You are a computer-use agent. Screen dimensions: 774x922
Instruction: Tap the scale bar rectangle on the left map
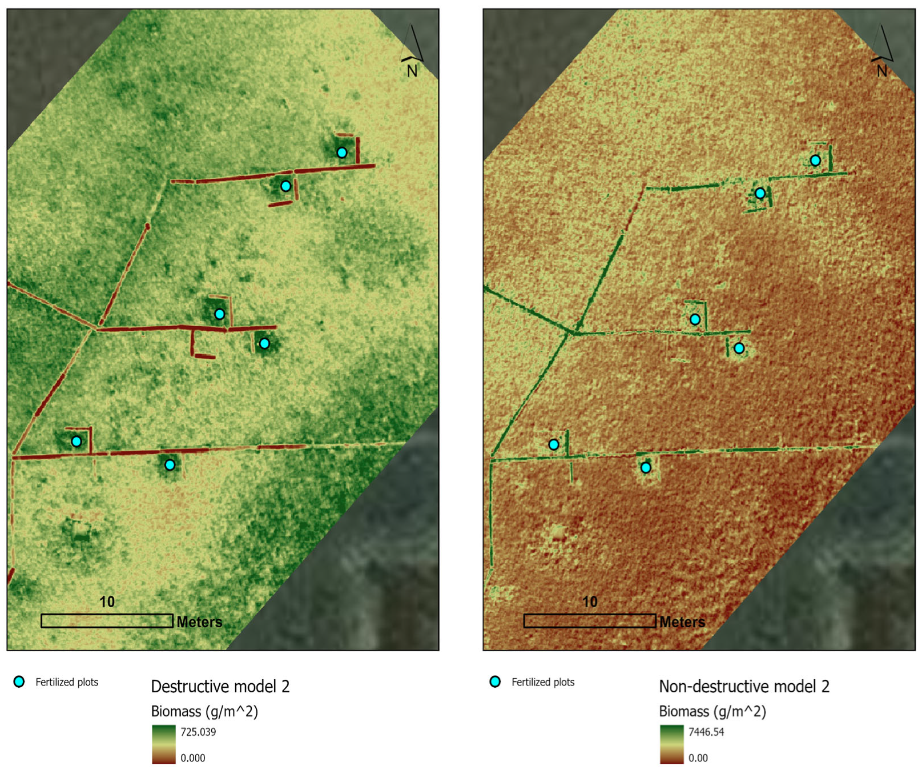click(x=107, y=621)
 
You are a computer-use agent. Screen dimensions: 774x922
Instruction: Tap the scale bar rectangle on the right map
click(x=590, y=621)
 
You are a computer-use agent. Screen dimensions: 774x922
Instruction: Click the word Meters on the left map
click(x=199, y=622)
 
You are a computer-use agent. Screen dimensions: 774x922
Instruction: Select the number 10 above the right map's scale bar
click(x=590, y=602)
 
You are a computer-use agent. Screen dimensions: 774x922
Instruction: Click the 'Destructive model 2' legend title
click(x=220, y=686)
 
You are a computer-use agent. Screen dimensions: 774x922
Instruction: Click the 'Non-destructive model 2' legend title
click(x=744, y=686)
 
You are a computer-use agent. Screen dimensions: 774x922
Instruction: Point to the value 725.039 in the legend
click(x=198, y=732)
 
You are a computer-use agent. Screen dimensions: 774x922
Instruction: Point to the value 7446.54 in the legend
click(x=706, y=732)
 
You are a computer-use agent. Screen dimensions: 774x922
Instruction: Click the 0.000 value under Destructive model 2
click(x=193, y=759)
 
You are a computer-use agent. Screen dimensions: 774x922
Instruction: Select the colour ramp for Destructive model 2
click(x=164, y=745)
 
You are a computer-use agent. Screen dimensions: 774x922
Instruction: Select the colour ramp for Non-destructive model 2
click(x=671, y=745)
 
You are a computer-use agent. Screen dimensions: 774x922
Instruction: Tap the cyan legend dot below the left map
click(x=19, y=681)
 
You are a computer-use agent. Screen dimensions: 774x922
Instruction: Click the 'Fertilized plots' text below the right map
click(x=543, y=682)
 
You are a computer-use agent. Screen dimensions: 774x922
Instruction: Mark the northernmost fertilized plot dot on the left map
click(x=342, y=153)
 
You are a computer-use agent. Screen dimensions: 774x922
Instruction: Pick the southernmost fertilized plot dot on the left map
click(x=170, y=465)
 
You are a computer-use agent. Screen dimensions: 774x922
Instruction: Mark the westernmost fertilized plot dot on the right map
click(x=554, y=444)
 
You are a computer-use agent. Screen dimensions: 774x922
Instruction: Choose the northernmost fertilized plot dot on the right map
click(x=816, y=161)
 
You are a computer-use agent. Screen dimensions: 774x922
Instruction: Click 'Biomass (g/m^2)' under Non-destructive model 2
click(x=712, y=712)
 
